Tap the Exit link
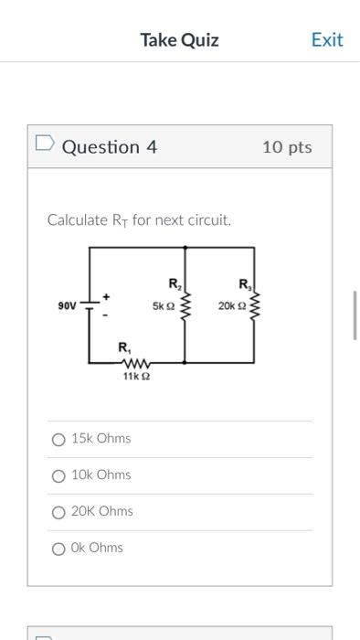(x=326, y=39)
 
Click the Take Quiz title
(x=179, y=39)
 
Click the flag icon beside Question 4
(x=44, y=145)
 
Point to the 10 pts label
(x=287, y=147)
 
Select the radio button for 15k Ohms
(x=58, y=440)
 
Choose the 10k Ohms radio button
(x=58, y=475)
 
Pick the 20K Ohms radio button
(x=58, y=512)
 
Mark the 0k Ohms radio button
(x=58, y=549)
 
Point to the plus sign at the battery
(x=106, y=295)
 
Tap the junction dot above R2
(x=186, y=247)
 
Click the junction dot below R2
(x=186, y=362)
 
